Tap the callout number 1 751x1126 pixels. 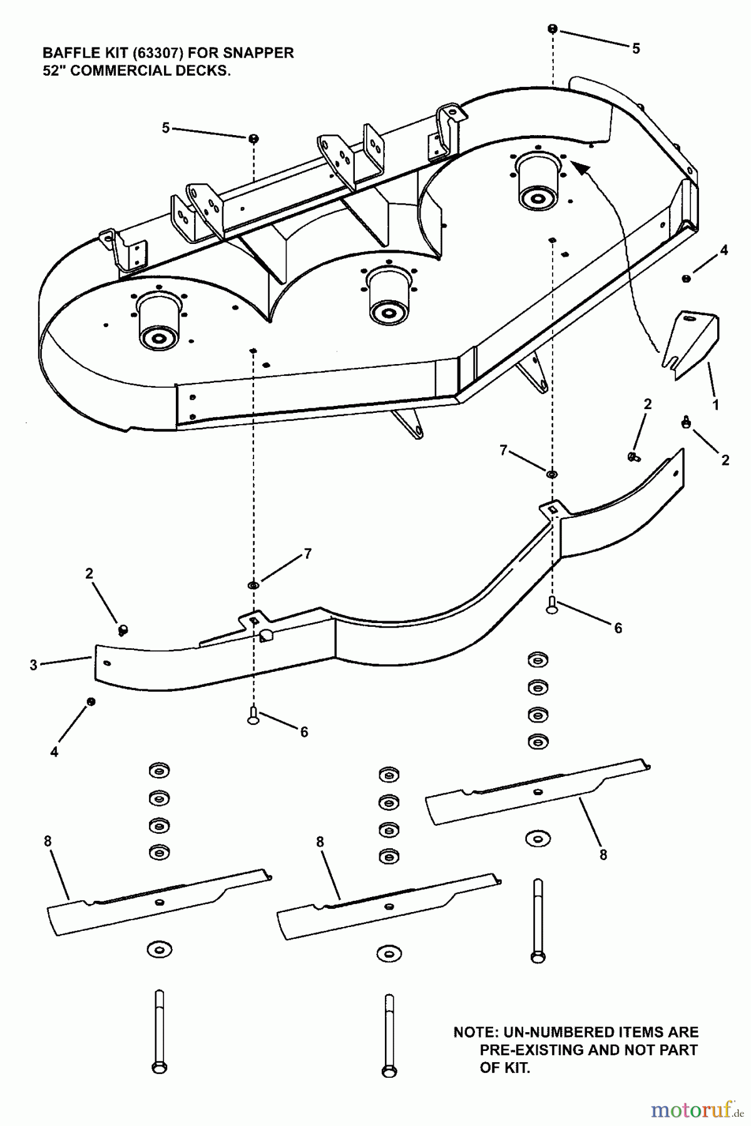coord(715,405)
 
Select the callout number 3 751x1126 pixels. coord(34,665)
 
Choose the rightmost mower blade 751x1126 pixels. coord(537,791)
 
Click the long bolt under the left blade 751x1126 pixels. coord(160,1032)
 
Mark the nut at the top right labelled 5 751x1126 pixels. coord(553,29)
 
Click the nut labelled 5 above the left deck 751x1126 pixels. coord(253,138)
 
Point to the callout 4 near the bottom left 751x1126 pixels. coord(54,753)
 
